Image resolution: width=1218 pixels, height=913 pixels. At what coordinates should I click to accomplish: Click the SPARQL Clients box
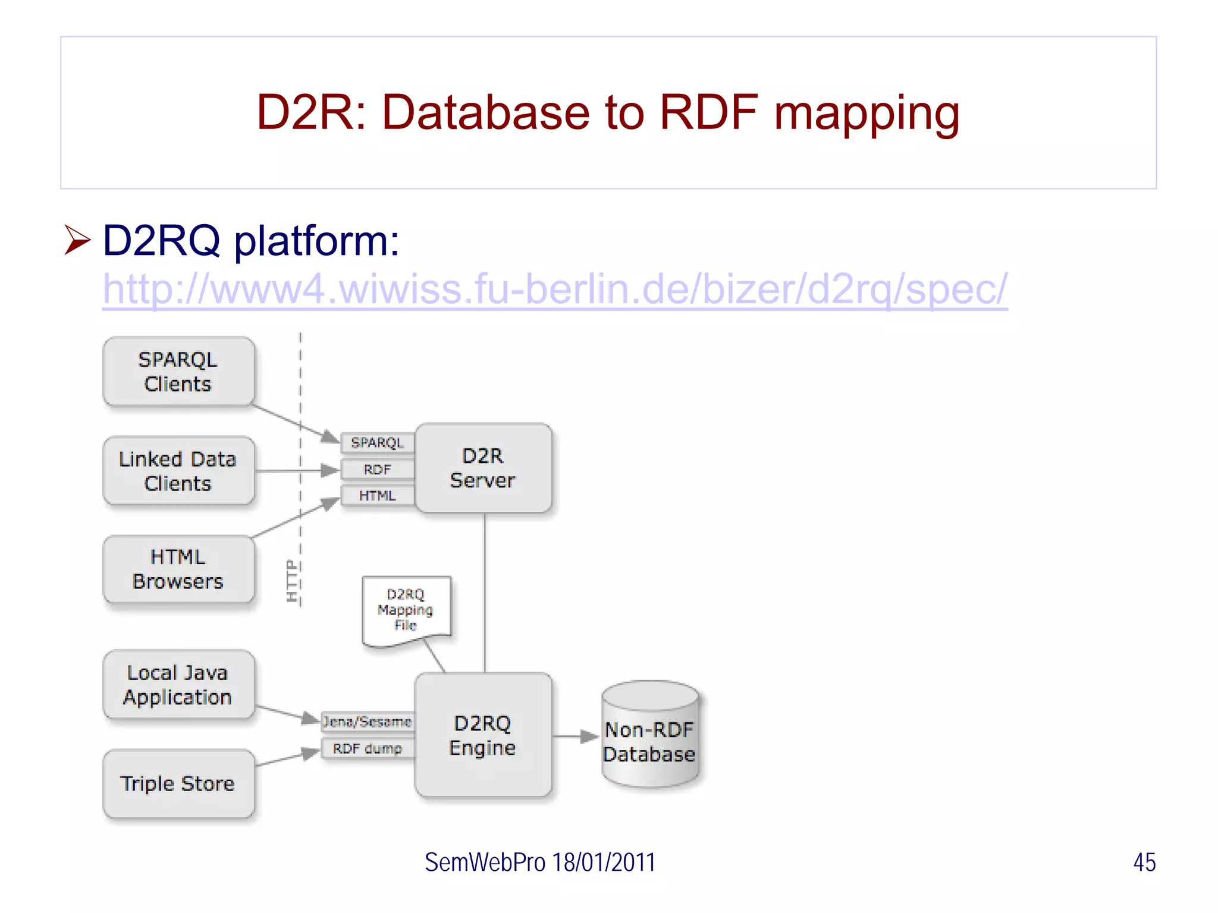pos(178,372)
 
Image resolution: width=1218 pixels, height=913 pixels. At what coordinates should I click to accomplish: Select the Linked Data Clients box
pos(178,471)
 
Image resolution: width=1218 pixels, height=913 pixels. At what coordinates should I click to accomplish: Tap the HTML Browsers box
pos(178,569)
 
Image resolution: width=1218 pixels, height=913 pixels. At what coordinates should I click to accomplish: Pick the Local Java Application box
pos(178,685)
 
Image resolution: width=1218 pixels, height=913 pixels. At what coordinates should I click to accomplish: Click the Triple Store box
pos(178,783)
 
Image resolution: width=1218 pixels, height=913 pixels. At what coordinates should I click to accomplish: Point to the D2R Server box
pos(483,468)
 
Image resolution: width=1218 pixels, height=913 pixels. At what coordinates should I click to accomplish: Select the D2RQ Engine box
pos(483,735)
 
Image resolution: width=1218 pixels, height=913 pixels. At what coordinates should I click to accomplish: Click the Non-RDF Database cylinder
pos(650,737)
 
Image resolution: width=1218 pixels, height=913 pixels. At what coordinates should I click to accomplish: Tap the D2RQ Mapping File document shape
pos(406,610)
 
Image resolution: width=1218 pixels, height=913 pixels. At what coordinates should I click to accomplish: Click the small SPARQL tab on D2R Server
pos(377,443)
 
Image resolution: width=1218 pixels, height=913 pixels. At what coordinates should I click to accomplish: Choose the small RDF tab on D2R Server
pos(377,470)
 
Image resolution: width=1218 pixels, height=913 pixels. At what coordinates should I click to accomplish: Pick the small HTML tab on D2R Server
pos(377,496)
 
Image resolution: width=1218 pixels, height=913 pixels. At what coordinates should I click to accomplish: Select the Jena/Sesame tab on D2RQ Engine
pos(368,722)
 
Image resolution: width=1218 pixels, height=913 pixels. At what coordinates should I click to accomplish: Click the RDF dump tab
pos(368,748)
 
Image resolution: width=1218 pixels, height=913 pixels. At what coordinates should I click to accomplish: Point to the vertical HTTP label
pos(291,581)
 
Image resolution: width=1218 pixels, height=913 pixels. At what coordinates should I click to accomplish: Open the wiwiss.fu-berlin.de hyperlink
pos(554,289)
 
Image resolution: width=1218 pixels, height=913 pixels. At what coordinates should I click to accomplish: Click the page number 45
pos(1144,862)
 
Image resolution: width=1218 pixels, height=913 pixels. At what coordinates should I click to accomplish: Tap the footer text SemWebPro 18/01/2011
pos(539,862)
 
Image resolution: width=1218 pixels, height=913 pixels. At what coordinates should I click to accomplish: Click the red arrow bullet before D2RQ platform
pos(77,241)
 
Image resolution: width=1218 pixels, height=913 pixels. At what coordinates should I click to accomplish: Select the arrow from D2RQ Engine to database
pos(575,737)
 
